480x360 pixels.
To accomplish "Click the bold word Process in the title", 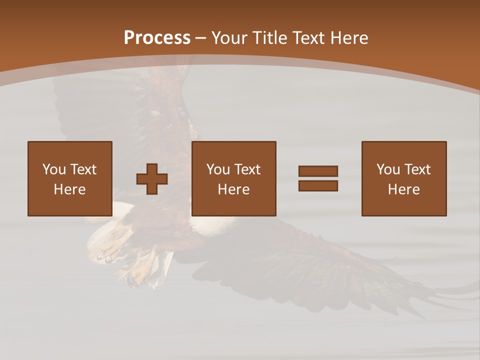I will click(x=157, y=38).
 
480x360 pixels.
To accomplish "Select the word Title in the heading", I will click(x=271, y=38).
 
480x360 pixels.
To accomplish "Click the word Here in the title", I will click(x=350, y=38).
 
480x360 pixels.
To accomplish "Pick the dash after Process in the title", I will click(x=201, y=38).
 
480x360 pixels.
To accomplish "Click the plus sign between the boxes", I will click(x=152, y=178).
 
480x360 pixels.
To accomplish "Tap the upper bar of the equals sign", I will click(x=318, y=171).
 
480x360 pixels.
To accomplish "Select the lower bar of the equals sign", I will click(x=318, y=185).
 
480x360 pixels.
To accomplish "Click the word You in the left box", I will click(x=53, y=169).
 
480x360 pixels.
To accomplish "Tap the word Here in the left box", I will click(x=69, y=189).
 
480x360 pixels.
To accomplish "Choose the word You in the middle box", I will click(x=217, y=169).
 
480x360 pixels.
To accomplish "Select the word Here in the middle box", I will click(x=233, y=189).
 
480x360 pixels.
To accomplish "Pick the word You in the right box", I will click(x=387, y=169).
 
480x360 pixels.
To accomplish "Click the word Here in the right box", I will click(x=403, y=189).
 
